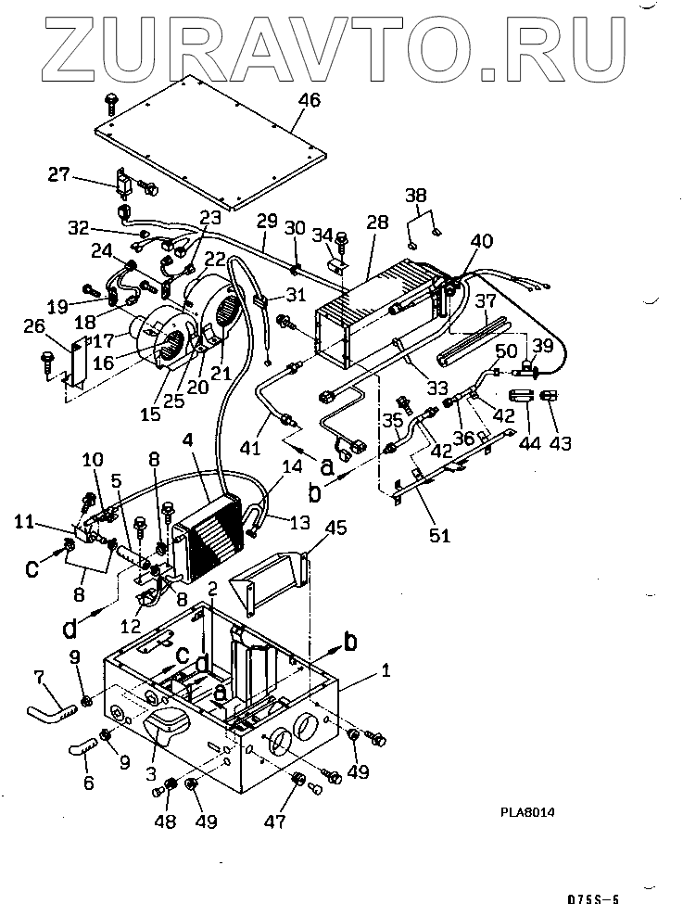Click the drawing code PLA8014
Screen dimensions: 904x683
pos(528,812)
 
